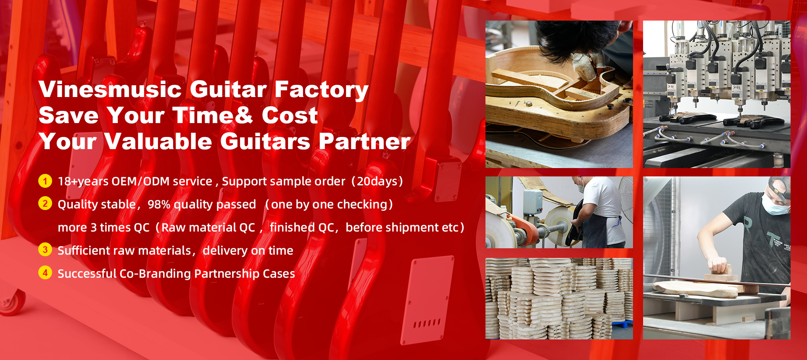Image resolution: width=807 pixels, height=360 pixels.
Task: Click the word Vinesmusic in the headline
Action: coord(110,89)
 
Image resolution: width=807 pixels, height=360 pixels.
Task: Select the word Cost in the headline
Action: coord(290,116)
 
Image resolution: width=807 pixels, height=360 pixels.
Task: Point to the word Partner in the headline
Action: coord(364,142)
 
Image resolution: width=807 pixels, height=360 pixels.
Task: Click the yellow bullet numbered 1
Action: coord(45,181)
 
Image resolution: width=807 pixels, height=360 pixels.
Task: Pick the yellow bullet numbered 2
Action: coord(45,204)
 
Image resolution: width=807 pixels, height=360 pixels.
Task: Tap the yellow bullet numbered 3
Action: coord(45,250)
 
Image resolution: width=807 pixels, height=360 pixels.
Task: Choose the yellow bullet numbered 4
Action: coord(45,273)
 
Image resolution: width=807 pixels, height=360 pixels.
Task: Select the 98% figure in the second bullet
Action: coord(159,205)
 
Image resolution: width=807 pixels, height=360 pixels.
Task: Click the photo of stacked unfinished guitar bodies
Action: coord(559,298)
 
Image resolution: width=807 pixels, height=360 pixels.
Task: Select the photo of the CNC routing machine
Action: coord(717,94)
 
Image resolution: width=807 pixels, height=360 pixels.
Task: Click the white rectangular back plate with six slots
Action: coord(426,300)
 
